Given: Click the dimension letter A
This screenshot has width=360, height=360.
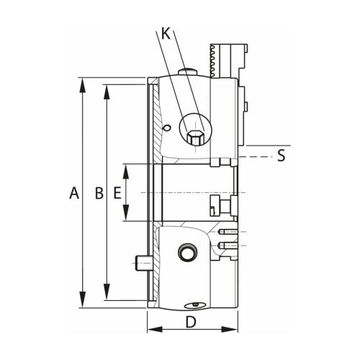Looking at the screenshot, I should click(x=72, y=193).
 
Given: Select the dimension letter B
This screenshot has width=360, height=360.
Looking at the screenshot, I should click(x=99, y=193).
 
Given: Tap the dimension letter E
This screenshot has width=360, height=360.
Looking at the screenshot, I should click(x=117, y=193).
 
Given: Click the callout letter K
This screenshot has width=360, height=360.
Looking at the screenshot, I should click(x=166, y=33).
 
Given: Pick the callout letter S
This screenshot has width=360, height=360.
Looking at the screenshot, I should click(x=282, y=156).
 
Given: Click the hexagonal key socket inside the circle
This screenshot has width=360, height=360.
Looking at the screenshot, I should click(x=194, y=135).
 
